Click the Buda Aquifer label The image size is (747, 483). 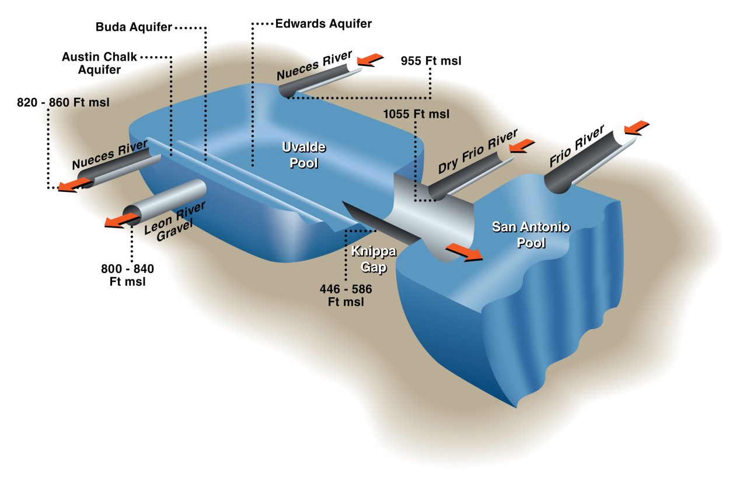point(134,28)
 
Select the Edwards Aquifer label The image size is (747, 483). point(323,24)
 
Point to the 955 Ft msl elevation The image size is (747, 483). point(431,61)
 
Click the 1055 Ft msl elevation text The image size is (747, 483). point(416,114)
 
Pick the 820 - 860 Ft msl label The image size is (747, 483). point(64,103)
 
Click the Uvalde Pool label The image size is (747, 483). point(303,155)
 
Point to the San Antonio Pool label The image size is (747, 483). point(523,234)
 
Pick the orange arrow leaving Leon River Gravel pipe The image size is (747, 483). point(119,219)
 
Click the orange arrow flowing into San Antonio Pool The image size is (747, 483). point(464,252)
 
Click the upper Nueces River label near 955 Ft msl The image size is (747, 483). point(314,65)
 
